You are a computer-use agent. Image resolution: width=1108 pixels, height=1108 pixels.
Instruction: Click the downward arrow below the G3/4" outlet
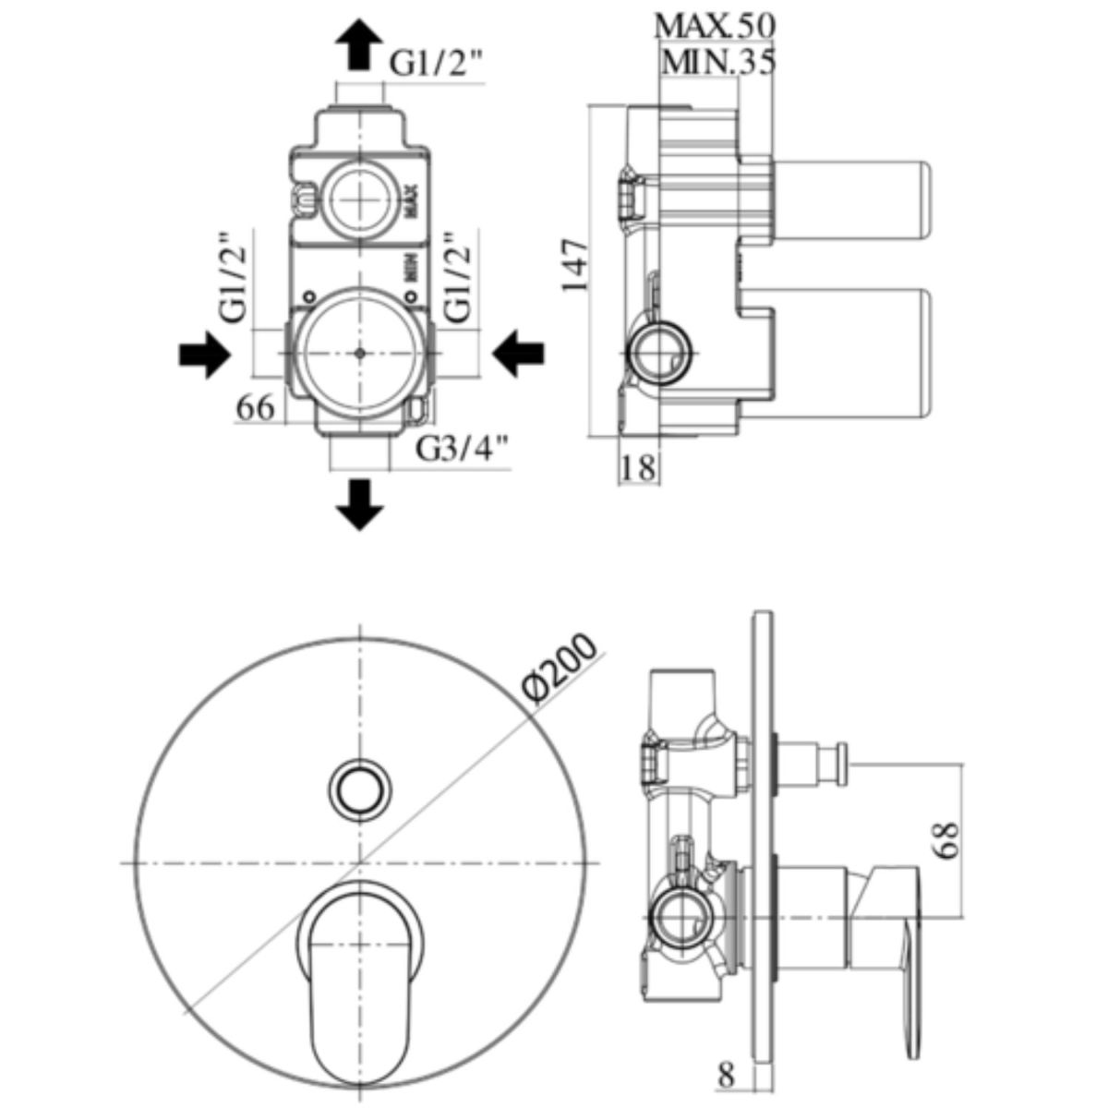click(358, 504)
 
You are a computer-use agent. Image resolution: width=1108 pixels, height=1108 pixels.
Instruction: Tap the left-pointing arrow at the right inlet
click(519, 354)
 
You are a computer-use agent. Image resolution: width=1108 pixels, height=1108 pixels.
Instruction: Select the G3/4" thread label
click(463, 449)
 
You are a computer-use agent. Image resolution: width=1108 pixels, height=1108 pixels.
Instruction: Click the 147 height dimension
click(574, 265)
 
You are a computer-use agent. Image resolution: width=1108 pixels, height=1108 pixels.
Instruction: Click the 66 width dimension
click(257, 407)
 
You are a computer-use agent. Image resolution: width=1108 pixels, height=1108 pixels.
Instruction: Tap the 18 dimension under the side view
click(637, 467)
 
